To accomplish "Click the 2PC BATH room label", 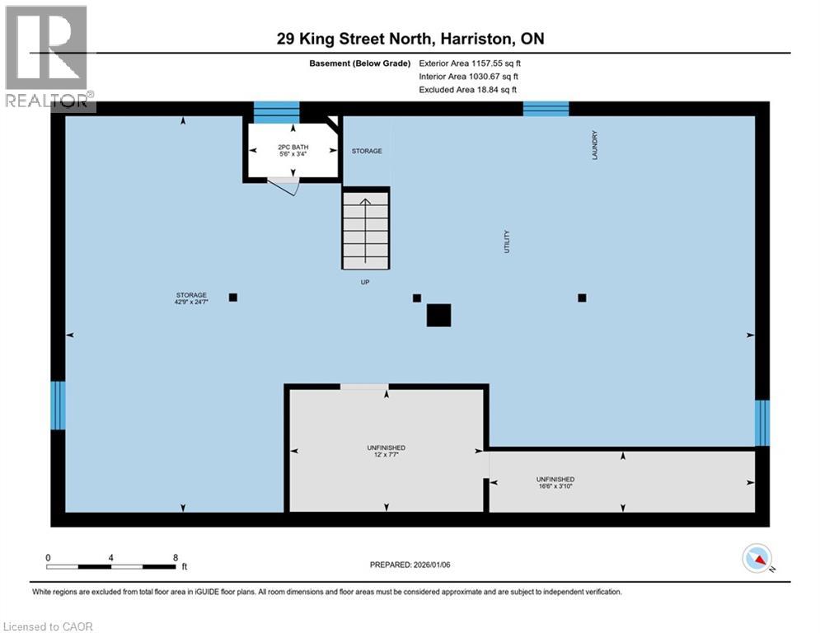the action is point(293,151).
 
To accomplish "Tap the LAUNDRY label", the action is point(594,145).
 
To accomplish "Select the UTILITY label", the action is point(506,241).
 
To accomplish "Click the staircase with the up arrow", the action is point(366,228).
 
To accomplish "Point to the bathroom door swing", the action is point(285,185).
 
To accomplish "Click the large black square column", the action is point(438,316).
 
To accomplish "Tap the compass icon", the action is point(757,558).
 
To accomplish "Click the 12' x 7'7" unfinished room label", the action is point(386,451).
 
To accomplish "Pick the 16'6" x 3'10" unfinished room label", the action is point(555,482).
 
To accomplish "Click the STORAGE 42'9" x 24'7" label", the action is point(191,298).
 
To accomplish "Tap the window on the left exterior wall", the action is point(58,406).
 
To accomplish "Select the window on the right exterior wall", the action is point(762,423).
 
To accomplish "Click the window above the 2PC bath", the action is point(277,112).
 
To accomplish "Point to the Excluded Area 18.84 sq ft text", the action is point(467,90).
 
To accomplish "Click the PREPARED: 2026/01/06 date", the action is point(410,565).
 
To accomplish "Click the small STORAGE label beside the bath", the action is point(367,151).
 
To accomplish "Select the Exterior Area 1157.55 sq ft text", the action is point(470,63).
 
